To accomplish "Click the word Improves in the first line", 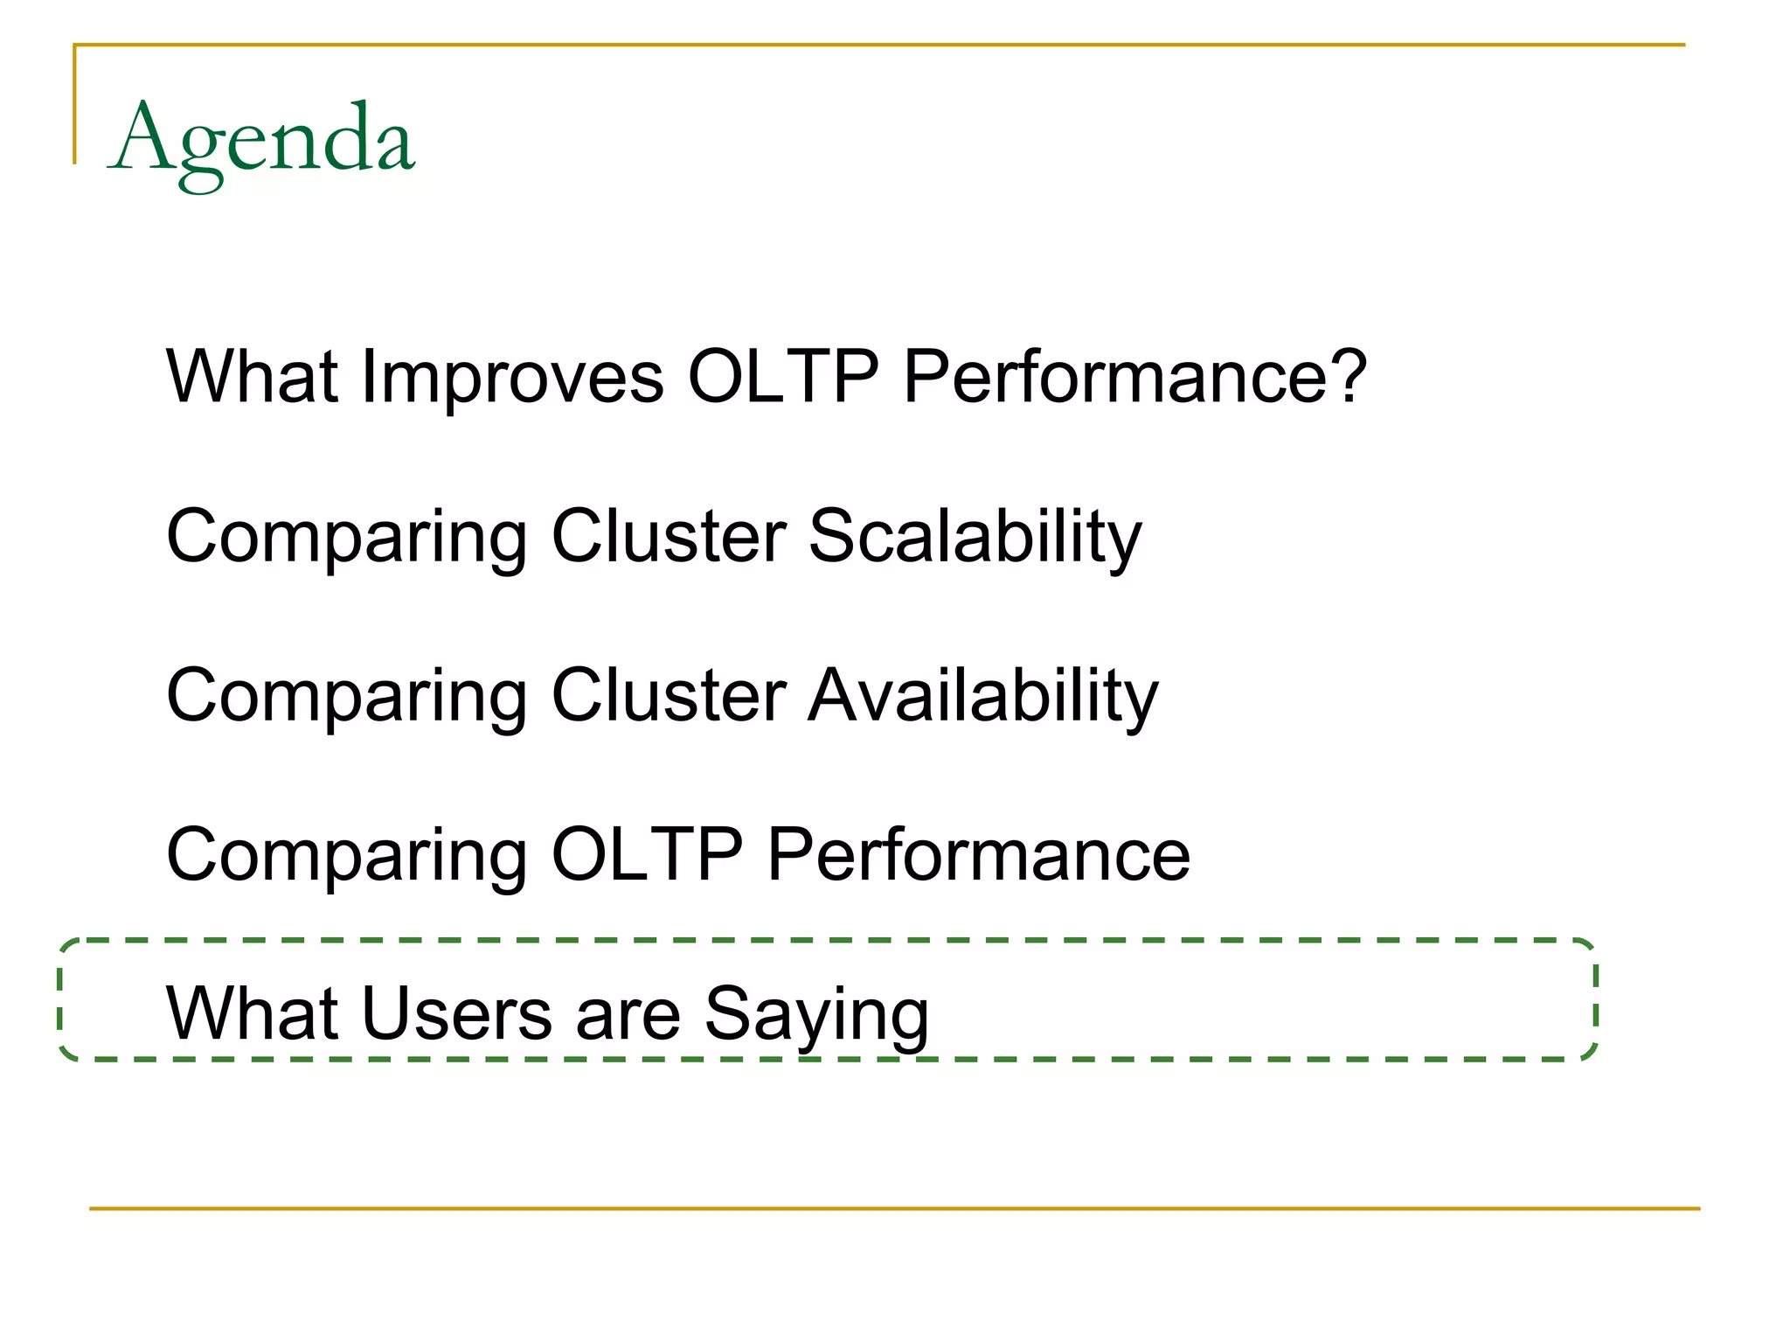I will [512, 378].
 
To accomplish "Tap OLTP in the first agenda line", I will [783, 378].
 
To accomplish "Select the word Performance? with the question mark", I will [1134, 378].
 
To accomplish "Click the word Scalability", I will [975, 537].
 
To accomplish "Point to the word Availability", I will [983, 696].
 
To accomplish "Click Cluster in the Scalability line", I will [669, 537].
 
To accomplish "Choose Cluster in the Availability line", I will [669, 696].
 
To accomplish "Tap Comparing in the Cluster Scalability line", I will [347, 539].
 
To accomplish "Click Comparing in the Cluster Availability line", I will [347, 698].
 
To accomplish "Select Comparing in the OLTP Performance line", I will [347, 857].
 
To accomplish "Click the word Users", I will [457, 1014].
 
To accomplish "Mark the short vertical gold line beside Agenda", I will [74, 105].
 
